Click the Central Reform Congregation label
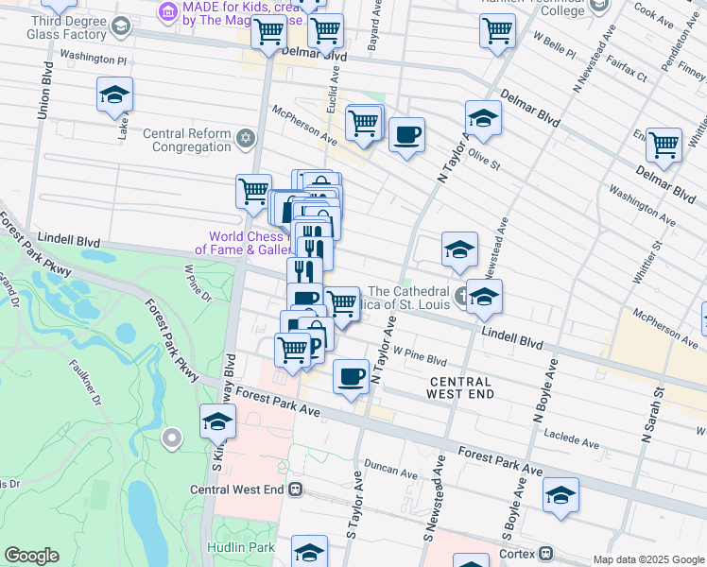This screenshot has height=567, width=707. coord(187,140)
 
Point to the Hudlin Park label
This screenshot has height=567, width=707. coord(240,547)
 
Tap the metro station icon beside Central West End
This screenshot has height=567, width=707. coord(296,490)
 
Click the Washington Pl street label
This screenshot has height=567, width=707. coord(94,58)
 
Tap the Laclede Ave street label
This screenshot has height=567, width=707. coord(572,438)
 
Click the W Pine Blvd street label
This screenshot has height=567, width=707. coord(420,358)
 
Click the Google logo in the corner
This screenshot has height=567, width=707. coord(31,556)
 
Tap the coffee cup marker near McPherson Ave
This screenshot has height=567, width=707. coord(406,134)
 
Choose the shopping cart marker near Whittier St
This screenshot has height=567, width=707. coord(664,144)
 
